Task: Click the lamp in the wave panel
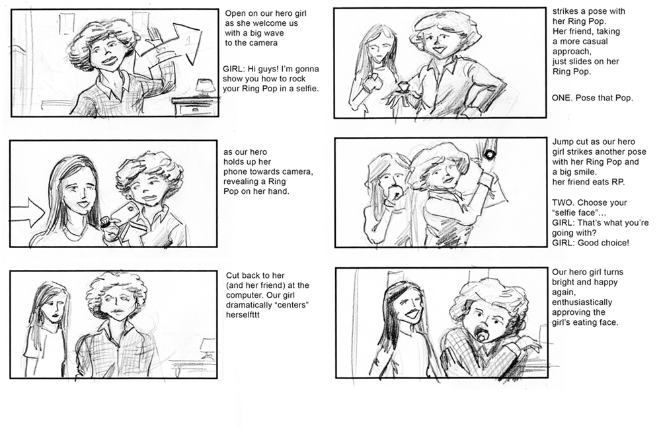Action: click(x=205, y=87)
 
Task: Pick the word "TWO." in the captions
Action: click(x=563, y=203)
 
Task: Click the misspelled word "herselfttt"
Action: click(x=243, y=315)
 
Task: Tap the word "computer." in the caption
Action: click(x=244, y=296)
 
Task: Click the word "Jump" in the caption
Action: click(x=563, y=142)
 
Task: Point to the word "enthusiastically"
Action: click(x=582, y=302)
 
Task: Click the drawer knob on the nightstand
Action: click(x=195, y=109)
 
